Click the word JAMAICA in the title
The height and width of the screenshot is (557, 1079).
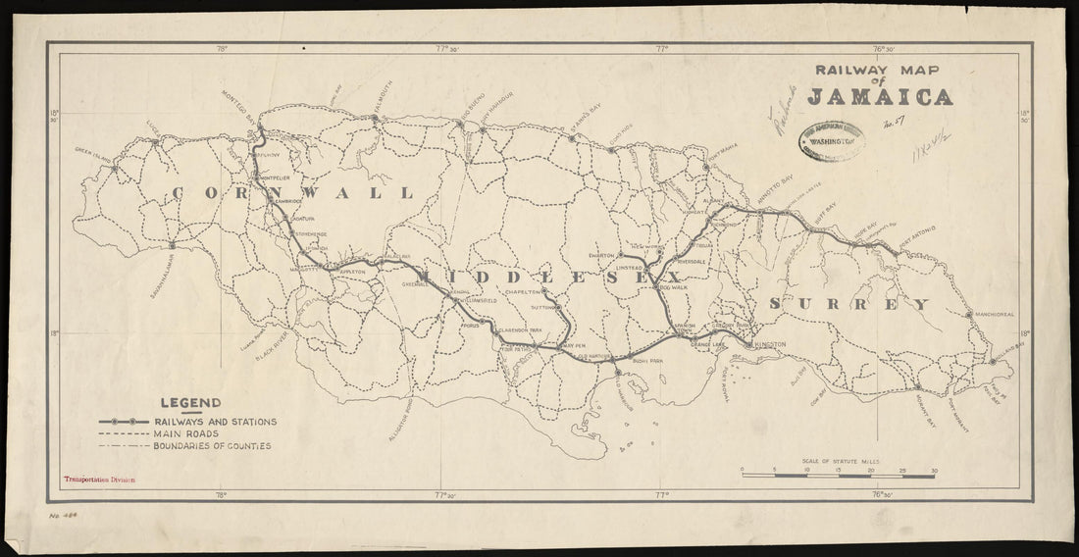coord(879,97)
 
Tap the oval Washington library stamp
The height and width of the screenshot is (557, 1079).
coord(833,141)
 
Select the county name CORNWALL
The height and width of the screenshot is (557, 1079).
coord(291,194)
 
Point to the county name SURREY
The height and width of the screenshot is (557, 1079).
coord(849,305)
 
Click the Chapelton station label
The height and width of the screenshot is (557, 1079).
coord(523,292)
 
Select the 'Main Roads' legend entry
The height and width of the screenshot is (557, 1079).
coord(186,432)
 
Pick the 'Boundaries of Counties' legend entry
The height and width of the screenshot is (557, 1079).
coord(211,445)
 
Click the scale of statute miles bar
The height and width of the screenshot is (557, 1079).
coord(839,475)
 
